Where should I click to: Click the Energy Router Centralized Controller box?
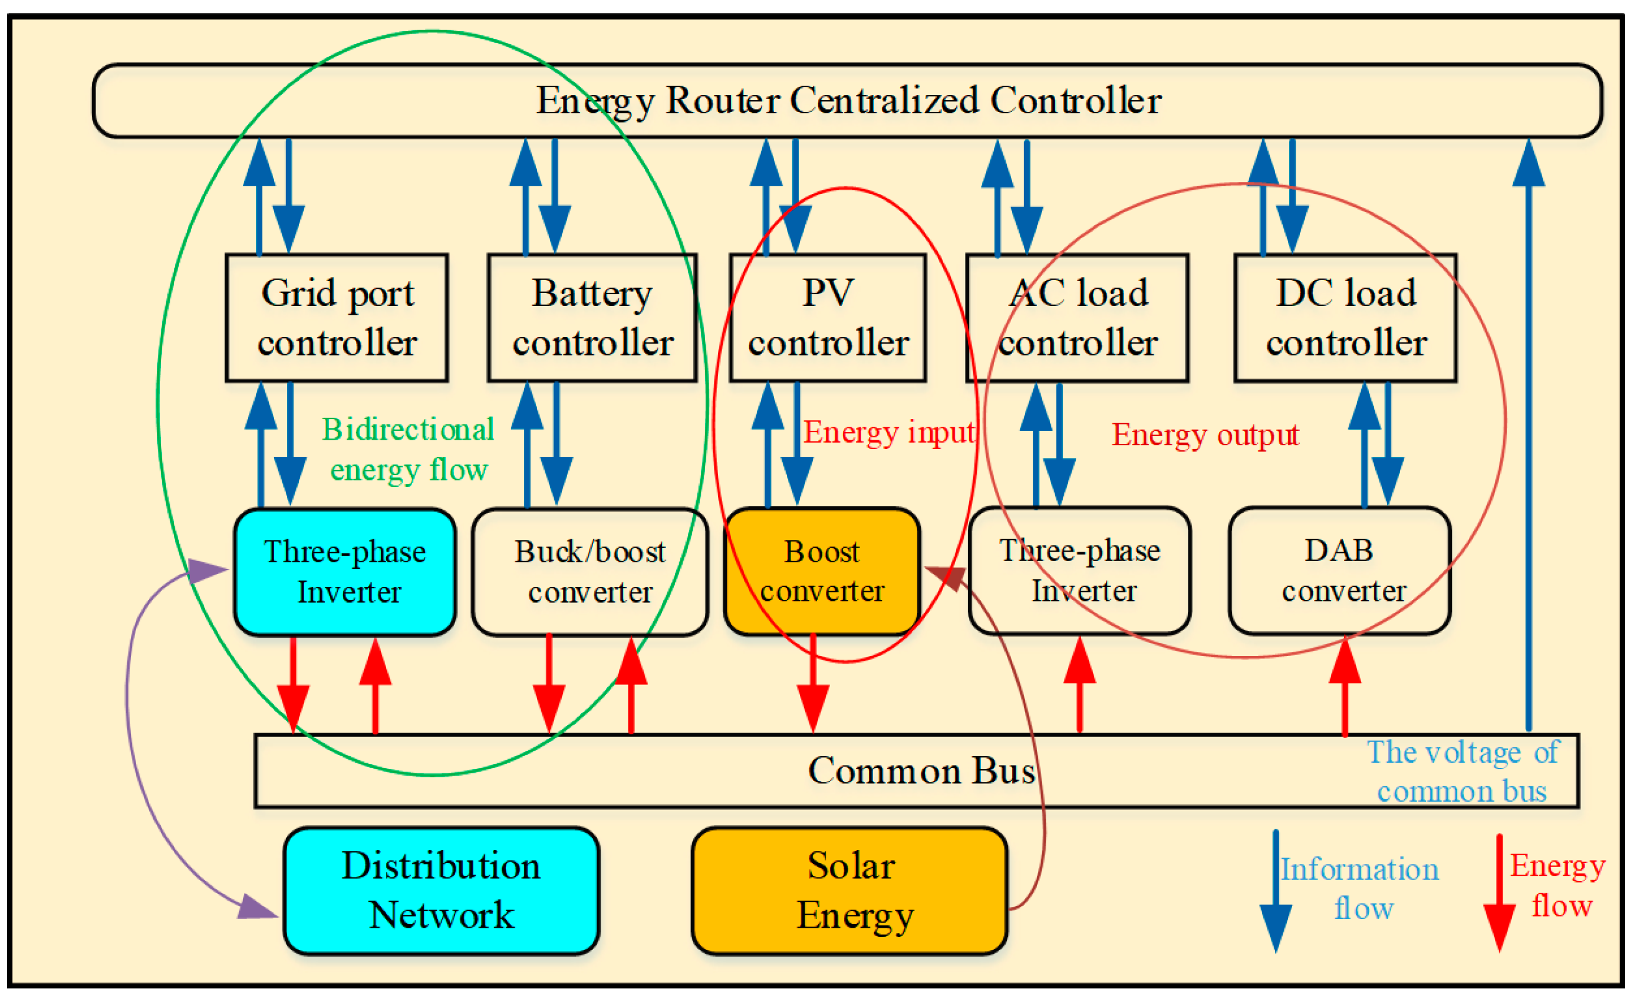(847, 101)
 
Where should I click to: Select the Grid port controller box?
(337, 318)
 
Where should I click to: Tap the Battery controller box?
(592, 318)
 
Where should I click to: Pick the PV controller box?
(828, 318)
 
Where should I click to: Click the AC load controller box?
(1077, 318)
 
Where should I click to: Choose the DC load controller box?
(1345, 318)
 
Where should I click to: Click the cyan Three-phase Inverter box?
(345, 571)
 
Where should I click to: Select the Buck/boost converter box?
(589, 571)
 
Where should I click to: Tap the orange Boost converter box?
(822, 571)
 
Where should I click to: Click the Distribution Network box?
(441, 891)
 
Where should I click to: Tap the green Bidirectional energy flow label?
(408, 449)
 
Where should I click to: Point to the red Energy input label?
(889, 433)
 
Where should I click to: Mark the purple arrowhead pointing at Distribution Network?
(256, 908)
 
